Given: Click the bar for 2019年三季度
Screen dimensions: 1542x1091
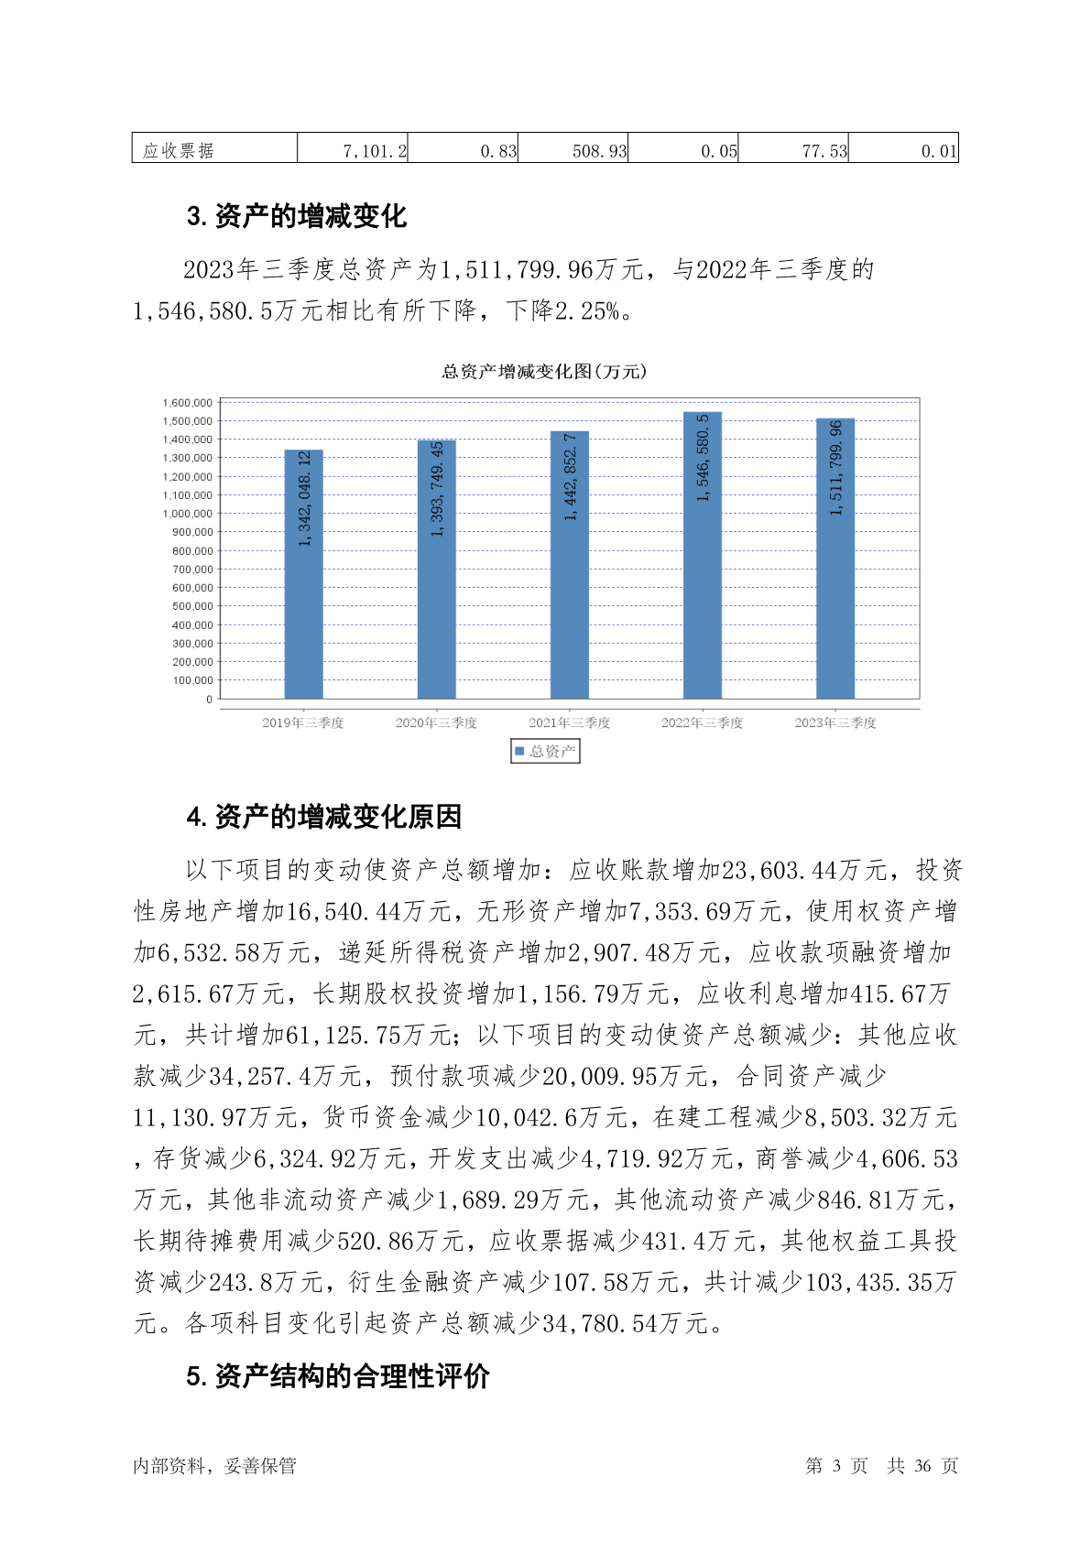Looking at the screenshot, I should pyautogui.click(x=303, y=574).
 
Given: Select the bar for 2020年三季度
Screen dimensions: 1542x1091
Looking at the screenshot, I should pyautogui.click(x=436, y=570).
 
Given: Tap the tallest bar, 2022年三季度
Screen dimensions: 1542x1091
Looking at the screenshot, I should pyautogui.click(x=703, y=556).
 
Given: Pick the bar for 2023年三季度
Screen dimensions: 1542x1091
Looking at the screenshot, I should pyautogui.click(x=835, y=559).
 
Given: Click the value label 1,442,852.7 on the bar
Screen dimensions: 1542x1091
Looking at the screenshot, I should pyautogui.click(x=570, y=477).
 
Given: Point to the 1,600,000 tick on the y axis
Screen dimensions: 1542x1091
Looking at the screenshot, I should pyautogui.click(x=188, y=403).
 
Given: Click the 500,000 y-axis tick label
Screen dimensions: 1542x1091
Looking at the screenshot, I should pyautogui.click(x=192, y=606).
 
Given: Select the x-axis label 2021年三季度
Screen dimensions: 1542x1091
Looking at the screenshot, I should pyautogui.click(x=570, y=722).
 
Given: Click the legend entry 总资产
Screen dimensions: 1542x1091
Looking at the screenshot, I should pyautogui.click(x=546, y=752).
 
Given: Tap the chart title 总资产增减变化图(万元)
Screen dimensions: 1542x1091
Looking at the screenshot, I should pyautogui.click(x=544, y=372).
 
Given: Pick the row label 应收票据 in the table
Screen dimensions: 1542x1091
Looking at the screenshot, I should pyautogui.click(x=179, y=151).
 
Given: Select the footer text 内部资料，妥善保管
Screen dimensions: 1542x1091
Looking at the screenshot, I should pyautogui.click(x=214, y=1466).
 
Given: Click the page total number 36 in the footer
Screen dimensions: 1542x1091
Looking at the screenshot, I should pyautogui.click(x=922, y=1466).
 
